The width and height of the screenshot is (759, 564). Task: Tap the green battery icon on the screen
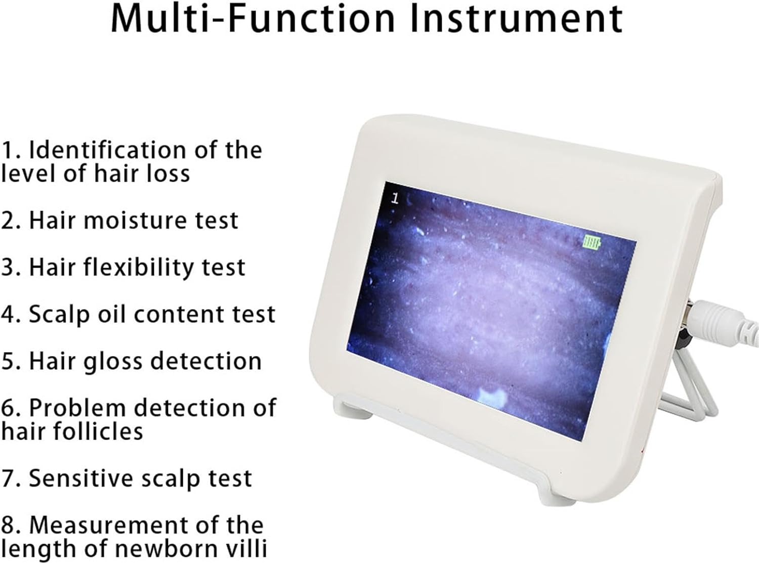(x=591, y=242)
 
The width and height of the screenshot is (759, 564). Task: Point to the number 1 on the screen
(x=395, y=199)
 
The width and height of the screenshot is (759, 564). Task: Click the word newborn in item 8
(x=168, y=548)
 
